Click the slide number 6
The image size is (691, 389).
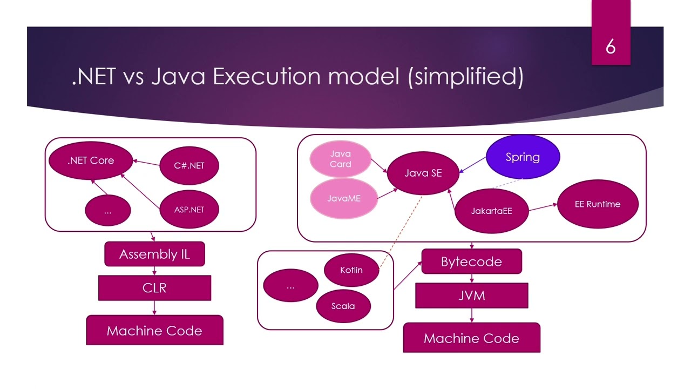point(611,47)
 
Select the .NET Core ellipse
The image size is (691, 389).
point(91,160)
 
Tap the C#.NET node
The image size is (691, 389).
point(189,165)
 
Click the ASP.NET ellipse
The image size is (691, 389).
point(189,209)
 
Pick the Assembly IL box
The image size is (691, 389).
point(154,254)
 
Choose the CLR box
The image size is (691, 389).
point(154,288)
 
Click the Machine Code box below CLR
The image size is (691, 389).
point(154,331)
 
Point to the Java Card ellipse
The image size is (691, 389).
point(340,159)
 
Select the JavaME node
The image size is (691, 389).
point(343,198)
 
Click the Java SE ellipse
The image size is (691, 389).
point(423,173)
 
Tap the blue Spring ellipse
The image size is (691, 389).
point(523,157)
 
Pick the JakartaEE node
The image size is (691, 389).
point(491,211)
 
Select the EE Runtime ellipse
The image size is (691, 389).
point(597,204)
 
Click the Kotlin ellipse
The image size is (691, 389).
point(351,270)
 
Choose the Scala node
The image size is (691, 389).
point(343,306)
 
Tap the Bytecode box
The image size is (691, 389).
point(471,261)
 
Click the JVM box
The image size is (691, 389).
point(471,296)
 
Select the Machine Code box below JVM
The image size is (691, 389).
point(471,338)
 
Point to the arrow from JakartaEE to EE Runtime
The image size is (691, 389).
point(543,207)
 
